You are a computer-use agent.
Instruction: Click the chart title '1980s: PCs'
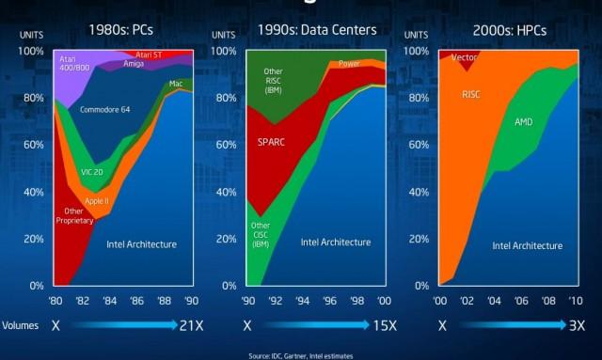pyautogui.click(x=122, y=30)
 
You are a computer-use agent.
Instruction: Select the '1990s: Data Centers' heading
pyautogui.click(x=318, y=30)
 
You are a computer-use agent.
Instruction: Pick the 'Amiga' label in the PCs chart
pyautogui.click(x=134, y=64)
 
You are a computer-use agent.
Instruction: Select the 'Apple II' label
pyautogui.click(x=97, y=201)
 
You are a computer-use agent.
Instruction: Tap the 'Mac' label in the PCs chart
pyautogui.click(x=176, y=85)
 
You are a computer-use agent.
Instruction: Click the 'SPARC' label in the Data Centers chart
pyautogui.click(x=272, y=143)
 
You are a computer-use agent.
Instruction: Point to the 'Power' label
pyautogui.click(x=349, y=65)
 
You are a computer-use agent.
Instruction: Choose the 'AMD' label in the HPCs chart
pyautogui.click(x=525, y=122)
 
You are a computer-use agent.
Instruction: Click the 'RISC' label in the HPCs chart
pyautogui.click(x=471, y=95)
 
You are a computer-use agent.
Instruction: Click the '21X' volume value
pyautogui.click(x=193, y=325)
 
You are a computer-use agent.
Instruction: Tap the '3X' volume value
pyautogui.click(x=578, y=325)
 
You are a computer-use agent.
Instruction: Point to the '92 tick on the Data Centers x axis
pyautogui.click(x=274, y=302)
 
